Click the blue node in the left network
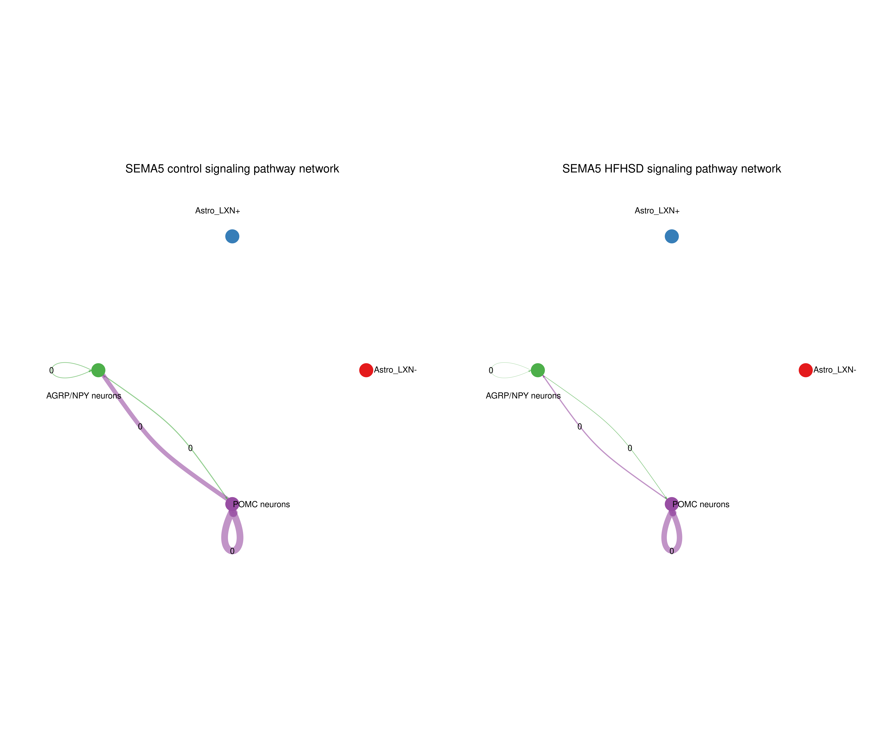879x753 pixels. [232, 236]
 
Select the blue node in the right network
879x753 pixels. [672, 236]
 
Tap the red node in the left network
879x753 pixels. [366, 370]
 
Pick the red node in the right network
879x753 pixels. [806, 370]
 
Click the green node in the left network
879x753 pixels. [98, 370]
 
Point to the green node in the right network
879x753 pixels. [538, 370]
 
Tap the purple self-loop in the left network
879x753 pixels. [223, 536]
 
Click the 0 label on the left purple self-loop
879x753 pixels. [232, 551]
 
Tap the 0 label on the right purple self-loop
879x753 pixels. [672, 551]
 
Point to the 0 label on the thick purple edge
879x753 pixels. [140, 426]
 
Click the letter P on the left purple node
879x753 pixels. [235, 504]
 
